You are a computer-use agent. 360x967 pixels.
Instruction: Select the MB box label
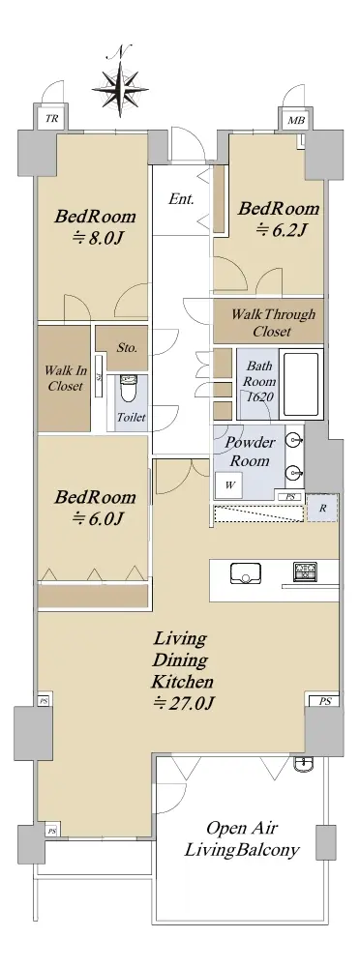point(295,121)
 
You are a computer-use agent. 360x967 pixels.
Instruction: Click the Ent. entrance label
point(182,199)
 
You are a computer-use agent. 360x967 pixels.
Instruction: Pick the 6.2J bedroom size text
point(282,230)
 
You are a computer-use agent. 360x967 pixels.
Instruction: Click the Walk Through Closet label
point(272,323)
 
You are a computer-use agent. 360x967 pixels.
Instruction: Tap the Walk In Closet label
point(65,379)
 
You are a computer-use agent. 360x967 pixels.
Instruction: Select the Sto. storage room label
point(127,348)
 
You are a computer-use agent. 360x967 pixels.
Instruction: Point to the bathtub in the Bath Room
point(301,383)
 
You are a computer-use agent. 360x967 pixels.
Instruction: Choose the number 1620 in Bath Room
point(259,397)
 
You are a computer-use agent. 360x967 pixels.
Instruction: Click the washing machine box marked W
point(229,484)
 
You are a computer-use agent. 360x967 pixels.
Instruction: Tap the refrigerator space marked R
point(322,509)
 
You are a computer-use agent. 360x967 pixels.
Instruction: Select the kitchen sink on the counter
point(245,573)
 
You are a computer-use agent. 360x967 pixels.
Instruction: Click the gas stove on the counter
point(306,571)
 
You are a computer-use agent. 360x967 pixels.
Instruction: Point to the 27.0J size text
point(183,703)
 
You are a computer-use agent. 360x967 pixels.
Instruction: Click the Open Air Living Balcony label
point(243,838)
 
